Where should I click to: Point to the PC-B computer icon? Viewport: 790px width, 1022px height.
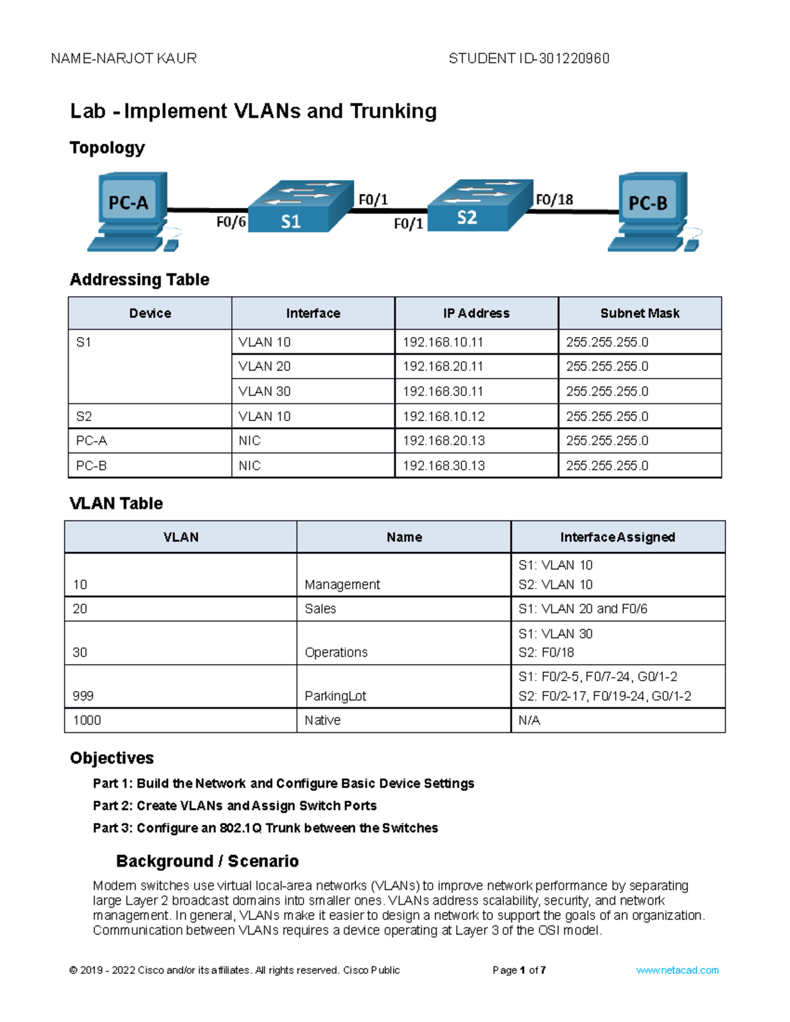click(650, 211)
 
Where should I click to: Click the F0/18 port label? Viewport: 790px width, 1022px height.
click(554, 199)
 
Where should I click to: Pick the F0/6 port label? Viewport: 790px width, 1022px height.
click(231, 222)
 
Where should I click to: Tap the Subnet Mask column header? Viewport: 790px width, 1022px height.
click(639, 313)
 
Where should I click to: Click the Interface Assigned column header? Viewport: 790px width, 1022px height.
click(618, 537)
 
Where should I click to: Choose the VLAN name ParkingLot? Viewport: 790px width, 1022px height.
click(335, 696)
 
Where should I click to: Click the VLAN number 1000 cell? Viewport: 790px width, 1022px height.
click(87, 721)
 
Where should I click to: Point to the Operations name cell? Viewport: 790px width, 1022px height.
click(336, 652)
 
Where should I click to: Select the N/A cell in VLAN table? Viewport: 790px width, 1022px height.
click(529, 721)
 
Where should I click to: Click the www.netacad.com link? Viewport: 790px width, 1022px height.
click(677, 970)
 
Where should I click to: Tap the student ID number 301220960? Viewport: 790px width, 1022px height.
click(574, 59)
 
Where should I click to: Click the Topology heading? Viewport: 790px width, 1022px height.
click(107, 148)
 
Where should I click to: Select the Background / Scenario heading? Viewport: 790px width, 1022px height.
click(207, 861)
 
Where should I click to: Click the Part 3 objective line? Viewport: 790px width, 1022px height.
click(265, 828)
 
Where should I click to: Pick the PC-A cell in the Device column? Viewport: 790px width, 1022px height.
click(92, 441)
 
